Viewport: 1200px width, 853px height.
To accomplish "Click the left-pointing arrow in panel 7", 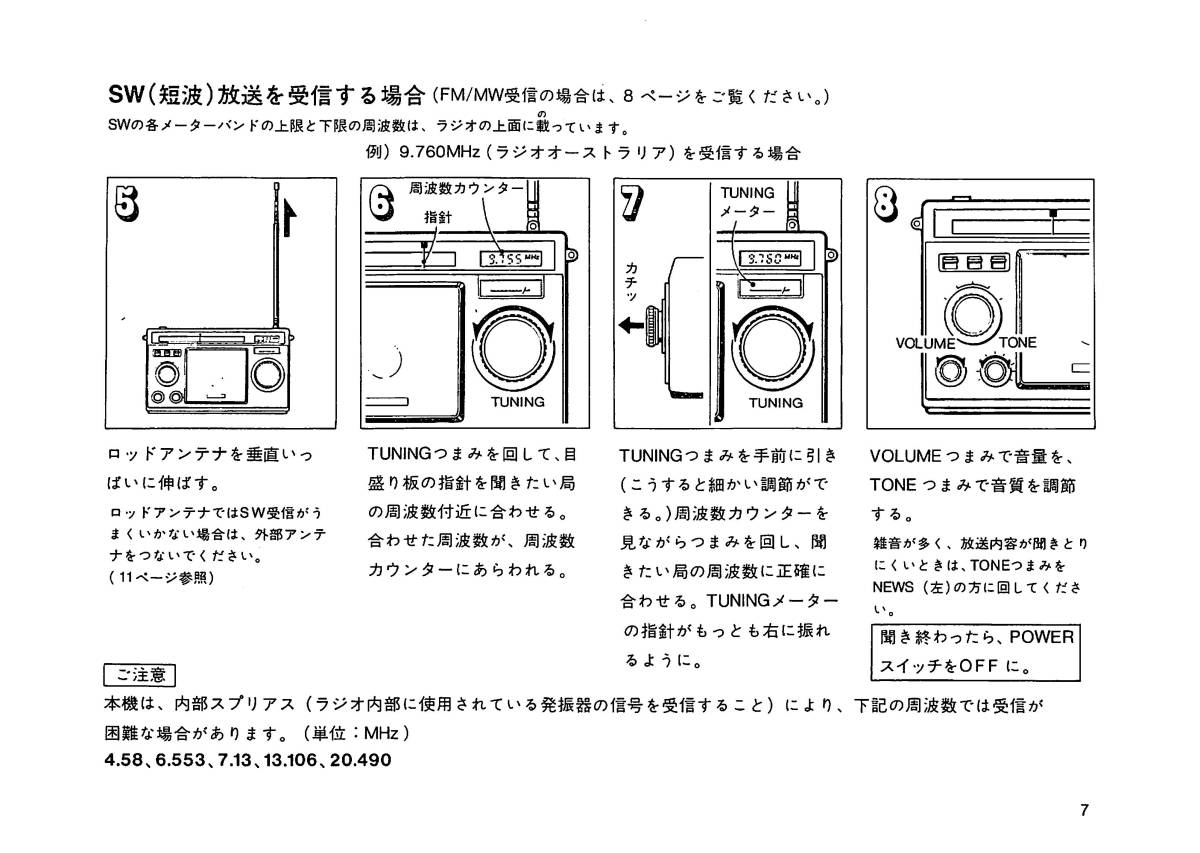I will pyautogui.click(x=631, y=324).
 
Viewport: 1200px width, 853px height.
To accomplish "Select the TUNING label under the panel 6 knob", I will pyautogui.click(x=517, y=402).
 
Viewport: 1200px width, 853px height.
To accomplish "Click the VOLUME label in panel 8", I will pyautogui.click(x=926, y=343).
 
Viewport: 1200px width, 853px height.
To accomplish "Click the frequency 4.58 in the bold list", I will pyautogui.click(x=124, y=760).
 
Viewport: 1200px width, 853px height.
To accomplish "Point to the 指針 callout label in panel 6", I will pyautogui.click(x=437, y=216).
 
